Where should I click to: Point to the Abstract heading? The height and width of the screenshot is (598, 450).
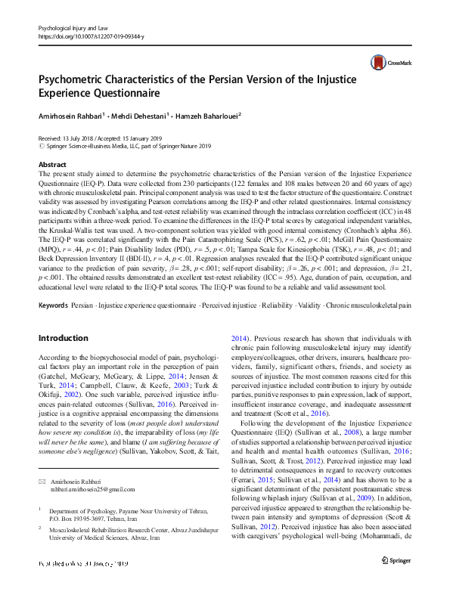coord(51,164)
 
